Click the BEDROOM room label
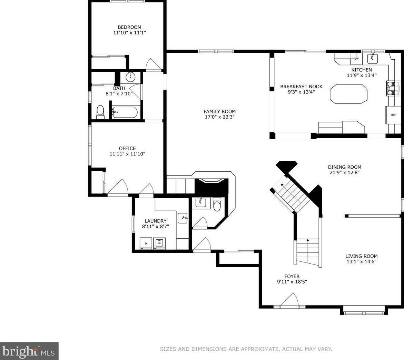click(x=129, y=27)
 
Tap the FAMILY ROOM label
click(x=219, y=111)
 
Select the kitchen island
click(x=348, y=94)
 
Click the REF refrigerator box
click(x=393, y=115)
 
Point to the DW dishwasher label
click(x=357, y=59)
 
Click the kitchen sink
click(x=372, y=59)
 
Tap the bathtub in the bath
click(x=125, y=112)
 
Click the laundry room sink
click(x=183, y=218)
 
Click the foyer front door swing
click(x=289, y=300)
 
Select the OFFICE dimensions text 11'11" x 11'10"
click(x=128, y=154)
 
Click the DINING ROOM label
click(x=344, y=167)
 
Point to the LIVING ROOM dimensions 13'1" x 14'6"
click(x=362, y=262)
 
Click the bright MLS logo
click(x=29, y=351)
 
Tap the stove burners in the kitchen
click(x=392, y=88)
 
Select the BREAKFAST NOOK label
click(x=302, y=87)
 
